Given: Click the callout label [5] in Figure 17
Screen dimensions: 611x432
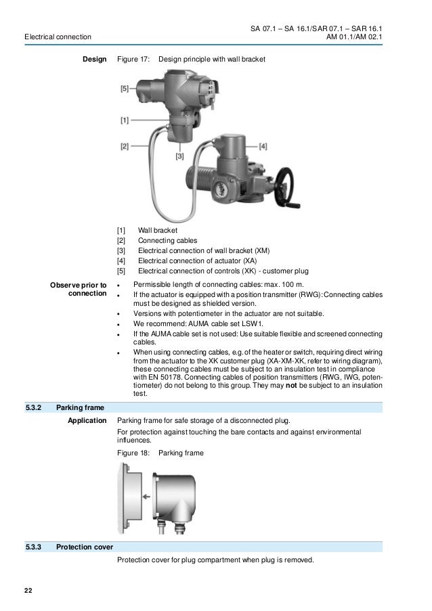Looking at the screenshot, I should pyautogui.click(x=125, y=88).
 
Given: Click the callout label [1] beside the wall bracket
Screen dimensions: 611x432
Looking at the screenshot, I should pyautogui.click(x=125, y=121).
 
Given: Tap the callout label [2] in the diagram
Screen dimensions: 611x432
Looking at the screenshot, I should pyautogui.click(x=125, y=145).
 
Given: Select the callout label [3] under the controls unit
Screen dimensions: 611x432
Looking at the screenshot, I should pyautogui.click(x=179, y=156).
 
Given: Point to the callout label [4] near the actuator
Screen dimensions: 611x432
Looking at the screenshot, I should pyautogui.click(x=263, y=145).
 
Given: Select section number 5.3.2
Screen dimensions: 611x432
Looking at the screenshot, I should pyautogui.click(x=33, y=408).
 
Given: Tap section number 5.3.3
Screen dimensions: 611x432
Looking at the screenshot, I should pyautogui.click(x=33, y=546).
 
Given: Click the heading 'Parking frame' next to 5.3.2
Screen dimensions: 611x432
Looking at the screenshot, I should pyautogui.click(x=80, y=408).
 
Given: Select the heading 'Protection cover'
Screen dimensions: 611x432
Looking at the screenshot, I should pyautogui.click(x=85, y=546).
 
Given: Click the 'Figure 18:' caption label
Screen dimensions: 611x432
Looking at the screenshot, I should pyautogui.click(x=133, y=453).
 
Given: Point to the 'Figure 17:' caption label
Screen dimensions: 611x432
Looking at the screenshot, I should pyautogui.click(x=133, y=60).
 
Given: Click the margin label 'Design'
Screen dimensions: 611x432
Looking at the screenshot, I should pyautogui.click(x=94, y=60).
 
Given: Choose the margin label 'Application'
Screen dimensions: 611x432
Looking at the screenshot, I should pyautogui.click(x=87, y=421).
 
